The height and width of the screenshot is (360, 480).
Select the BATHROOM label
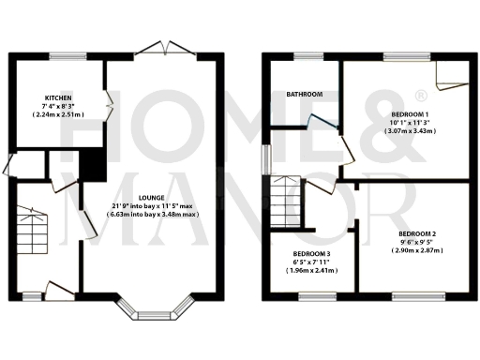point(305,95)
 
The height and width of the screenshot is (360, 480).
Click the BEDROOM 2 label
point(417,233)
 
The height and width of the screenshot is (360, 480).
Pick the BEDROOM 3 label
point(310,254)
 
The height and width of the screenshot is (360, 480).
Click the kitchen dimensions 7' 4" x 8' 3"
point(58,106)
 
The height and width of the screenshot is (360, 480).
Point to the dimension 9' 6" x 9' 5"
point(417,242)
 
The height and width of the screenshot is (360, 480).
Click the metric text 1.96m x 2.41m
point(311,270)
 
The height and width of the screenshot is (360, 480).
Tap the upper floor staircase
point(282,200)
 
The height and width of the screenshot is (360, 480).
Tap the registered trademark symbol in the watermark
point(421,95)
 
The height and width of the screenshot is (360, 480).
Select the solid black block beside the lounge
point(93,166)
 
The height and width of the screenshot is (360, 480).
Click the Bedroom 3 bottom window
point(310,297)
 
